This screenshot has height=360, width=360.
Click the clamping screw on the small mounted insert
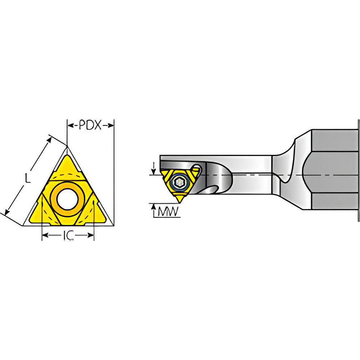179,182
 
